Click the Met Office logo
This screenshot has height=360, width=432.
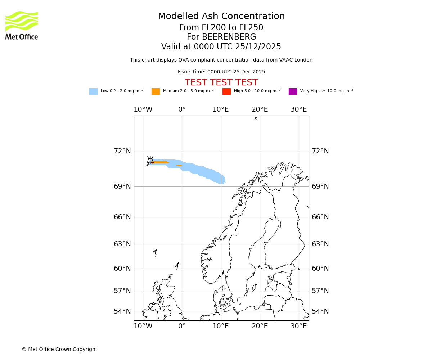click(22, 25)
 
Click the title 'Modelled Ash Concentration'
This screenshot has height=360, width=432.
click(221, 17)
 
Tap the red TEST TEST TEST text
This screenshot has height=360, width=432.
click(221, 82)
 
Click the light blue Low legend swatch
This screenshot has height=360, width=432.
click(93, 91)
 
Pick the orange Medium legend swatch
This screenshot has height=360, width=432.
click(156, 91)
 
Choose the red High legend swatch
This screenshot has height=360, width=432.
click(226, 91)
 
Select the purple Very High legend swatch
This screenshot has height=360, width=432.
click(293, 91)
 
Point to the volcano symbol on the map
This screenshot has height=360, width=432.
click(150, 160)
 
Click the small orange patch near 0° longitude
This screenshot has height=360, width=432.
click(179, 165)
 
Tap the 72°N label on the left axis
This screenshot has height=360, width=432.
click(122, 151)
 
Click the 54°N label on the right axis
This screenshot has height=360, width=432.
click(320, 311)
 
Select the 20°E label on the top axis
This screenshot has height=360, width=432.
click(260, 109)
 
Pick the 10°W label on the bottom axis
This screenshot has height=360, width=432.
click(143, 326)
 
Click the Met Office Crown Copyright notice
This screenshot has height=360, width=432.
click(59, 350)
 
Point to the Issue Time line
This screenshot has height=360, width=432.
click(221, 72)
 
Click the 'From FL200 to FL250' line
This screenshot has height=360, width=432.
click(221, 28)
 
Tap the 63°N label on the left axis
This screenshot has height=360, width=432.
click(122, 244)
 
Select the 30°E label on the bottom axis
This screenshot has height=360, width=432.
click(298, 326)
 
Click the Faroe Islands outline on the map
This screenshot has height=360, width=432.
click(155, 253)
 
